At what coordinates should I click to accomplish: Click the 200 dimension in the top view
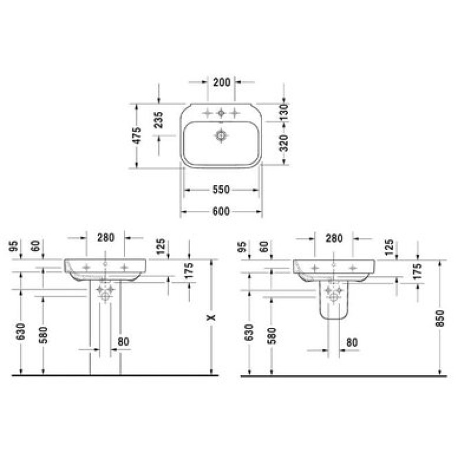point(222,82)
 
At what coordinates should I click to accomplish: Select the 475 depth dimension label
point(137,135)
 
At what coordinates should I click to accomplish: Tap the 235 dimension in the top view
point(159,120)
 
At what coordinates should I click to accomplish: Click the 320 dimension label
point(284,143)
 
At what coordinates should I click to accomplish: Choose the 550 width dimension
point(221,190)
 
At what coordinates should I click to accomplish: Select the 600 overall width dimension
point(221,211)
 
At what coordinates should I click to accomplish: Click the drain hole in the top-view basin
point(221,135)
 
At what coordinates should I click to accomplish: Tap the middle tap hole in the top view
point(221,113)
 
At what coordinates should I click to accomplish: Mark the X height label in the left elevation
point(211,318)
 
